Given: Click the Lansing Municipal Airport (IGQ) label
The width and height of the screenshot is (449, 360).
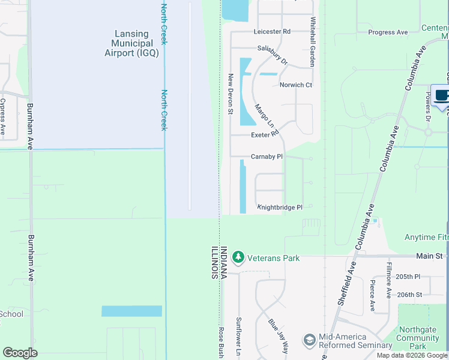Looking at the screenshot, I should [x=136, y=44].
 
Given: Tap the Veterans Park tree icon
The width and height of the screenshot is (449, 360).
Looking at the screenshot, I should [x=238, y=257].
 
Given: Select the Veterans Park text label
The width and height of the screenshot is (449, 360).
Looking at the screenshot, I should [x=274, y=258].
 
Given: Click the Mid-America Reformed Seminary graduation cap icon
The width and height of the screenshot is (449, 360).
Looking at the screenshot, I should [x=309, y=340].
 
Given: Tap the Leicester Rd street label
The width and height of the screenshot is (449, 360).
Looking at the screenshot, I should [x=272, y=31].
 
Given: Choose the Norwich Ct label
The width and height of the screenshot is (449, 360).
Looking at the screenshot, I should [x=296, y=85].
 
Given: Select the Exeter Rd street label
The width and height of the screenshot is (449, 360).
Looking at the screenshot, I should [x=266, y=134].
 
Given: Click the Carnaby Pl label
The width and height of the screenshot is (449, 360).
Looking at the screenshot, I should [x=267, y=157].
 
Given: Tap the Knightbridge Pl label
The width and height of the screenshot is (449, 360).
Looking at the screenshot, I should [x=280, y=207].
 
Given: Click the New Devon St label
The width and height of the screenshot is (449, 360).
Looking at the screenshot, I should [x=230, y=94].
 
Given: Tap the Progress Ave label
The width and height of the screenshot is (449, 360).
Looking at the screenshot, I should [x=388, y=32].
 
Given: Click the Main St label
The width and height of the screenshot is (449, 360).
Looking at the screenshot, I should [x=430, y=256].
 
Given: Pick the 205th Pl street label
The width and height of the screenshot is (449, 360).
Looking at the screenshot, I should [x=409, y=277].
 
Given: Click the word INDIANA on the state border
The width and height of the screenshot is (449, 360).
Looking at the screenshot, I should [x=223, y=262].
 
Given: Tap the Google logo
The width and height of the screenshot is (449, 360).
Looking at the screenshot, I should [x=20, y=353].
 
